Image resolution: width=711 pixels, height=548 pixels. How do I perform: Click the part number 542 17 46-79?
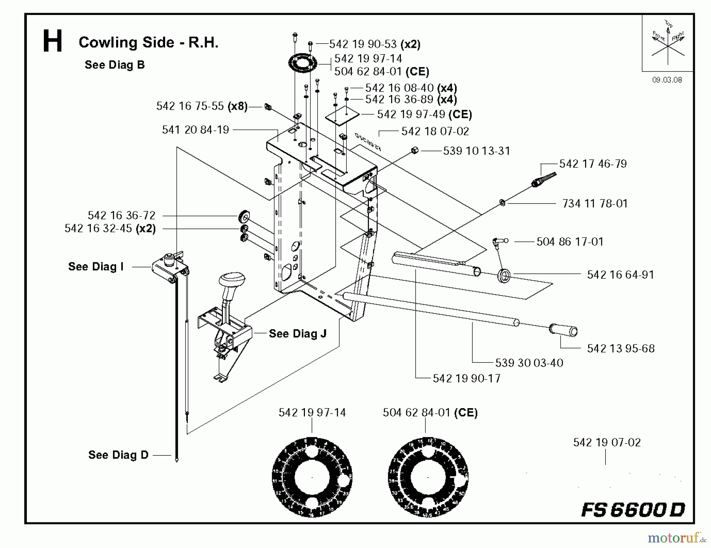coord(593,164)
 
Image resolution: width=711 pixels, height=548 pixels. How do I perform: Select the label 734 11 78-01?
coord(595,203)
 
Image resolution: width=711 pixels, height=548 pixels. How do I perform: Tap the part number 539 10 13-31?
coord(476,151)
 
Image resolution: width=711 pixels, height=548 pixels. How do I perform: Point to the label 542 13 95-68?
coord(621,348)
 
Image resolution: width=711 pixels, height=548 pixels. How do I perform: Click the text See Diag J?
coord(297,334)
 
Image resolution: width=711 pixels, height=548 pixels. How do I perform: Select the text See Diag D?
coord(118,455)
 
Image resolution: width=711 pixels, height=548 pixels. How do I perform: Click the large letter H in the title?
coord(53,41)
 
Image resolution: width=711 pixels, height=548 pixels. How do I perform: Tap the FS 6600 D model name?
coord(633,510)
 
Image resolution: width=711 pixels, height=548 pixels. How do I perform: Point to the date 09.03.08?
coord(667,80)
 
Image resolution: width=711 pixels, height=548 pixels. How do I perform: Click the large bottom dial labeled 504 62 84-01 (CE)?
coord(428,477)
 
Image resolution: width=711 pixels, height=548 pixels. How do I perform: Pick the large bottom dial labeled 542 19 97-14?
coord(312,477)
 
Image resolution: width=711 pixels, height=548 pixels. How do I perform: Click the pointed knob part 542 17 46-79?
coord(545,179)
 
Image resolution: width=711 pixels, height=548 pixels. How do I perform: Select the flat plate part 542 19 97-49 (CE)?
coord(342,115)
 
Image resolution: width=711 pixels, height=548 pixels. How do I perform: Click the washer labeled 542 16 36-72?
coord(244,217)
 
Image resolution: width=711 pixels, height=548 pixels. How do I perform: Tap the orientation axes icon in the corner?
coord(668,43)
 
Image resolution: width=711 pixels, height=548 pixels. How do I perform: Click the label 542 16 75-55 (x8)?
coord(201,106)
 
